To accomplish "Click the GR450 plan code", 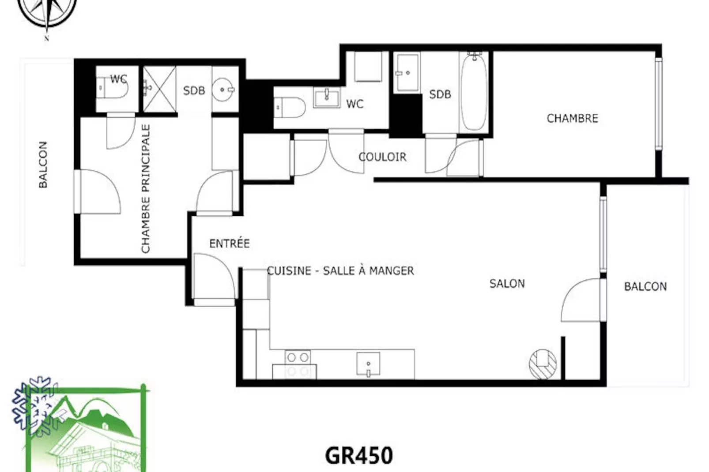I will coord(358,456).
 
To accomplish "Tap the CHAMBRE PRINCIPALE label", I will coord(146,189).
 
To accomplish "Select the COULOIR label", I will coord(382,157).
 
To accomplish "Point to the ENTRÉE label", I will coord(229,243).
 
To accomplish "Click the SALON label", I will coord(507,284).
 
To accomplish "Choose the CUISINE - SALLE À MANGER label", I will coord(340,271).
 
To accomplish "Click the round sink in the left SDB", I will coord(224,90).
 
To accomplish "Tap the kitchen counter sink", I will coord(368,364).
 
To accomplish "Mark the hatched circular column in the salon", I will coord(543,364).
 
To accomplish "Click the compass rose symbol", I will coord(47,11).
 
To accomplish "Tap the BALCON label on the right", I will coord(645,287).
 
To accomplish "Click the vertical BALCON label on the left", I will coord(43,165).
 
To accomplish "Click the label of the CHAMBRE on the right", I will coord(572,118).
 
